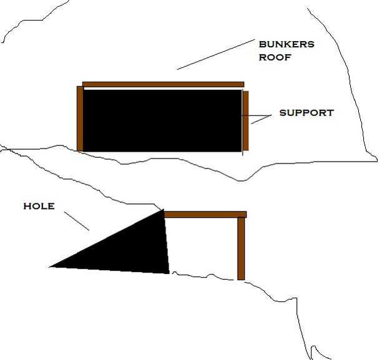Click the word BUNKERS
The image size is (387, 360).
point(287,44)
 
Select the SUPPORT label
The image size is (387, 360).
point(306,113)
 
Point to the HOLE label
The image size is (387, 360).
point(39,206)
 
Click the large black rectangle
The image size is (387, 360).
point(162,120)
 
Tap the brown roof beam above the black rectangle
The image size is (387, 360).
point(163,84)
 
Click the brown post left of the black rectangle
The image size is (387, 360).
point(80,119)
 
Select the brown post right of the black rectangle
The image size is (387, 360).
point(245,121)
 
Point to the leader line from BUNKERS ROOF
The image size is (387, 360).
point(212,55)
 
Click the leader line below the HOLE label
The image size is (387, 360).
point(77,221)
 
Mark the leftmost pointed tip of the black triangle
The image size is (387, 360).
point(51,266)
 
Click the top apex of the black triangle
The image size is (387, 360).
point(163,211)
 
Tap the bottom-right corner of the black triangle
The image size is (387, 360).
point(168,272)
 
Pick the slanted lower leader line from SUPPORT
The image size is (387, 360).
point(260,119)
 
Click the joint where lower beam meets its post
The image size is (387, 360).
point(242,215)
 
